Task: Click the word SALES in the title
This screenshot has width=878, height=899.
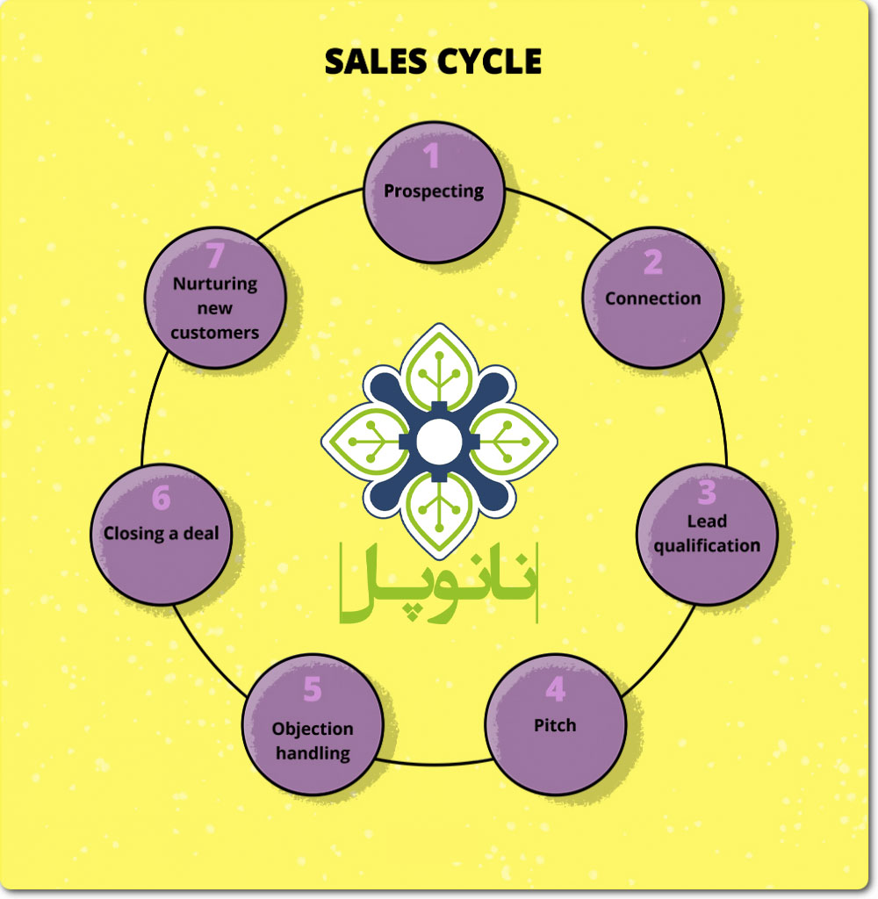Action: [375, 61]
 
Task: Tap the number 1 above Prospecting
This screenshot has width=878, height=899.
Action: [431, 156]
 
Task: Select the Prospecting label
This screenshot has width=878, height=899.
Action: [434, 191]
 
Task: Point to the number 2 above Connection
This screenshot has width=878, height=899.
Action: [652, 263]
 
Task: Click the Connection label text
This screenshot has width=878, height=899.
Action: [652, 298]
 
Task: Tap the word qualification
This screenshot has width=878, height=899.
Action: [707, 545]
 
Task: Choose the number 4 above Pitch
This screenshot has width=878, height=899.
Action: [555, 690]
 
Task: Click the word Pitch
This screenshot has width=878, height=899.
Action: [555, 725]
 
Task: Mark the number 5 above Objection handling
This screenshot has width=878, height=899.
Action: [313, 690]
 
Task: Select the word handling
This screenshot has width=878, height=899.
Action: [313, 753]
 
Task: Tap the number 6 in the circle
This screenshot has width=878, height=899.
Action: [161, 498]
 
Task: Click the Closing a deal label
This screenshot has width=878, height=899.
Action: [162, 533]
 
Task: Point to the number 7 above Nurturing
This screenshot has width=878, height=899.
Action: [215, 255]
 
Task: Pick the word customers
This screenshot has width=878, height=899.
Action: [215, 333]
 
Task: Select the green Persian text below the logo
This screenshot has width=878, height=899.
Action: [437, 584]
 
